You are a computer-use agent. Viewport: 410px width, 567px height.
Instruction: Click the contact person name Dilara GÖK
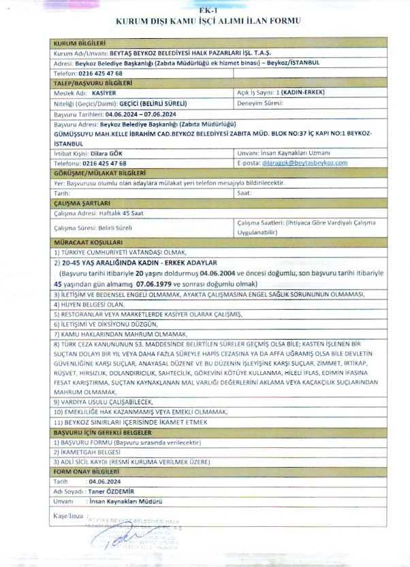pos(108,154)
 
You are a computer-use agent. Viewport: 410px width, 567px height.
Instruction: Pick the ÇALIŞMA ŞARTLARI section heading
pos(78,203)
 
